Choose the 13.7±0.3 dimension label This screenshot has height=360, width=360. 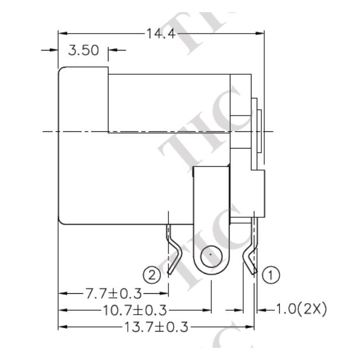pyautogui.click(x=156, y=327)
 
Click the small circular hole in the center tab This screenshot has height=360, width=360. pyautogui.click(x=210, y=256)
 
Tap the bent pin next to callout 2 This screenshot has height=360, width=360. pyautogui.click(x=172, y=250)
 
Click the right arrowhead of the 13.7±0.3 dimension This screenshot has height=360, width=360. pyautogui.click(x=250, y=327)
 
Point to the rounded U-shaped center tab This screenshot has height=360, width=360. pyautogui.click(x=210, y=221)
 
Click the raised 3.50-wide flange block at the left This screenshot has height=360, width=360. pyautogui.click(x=83, y=145)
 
